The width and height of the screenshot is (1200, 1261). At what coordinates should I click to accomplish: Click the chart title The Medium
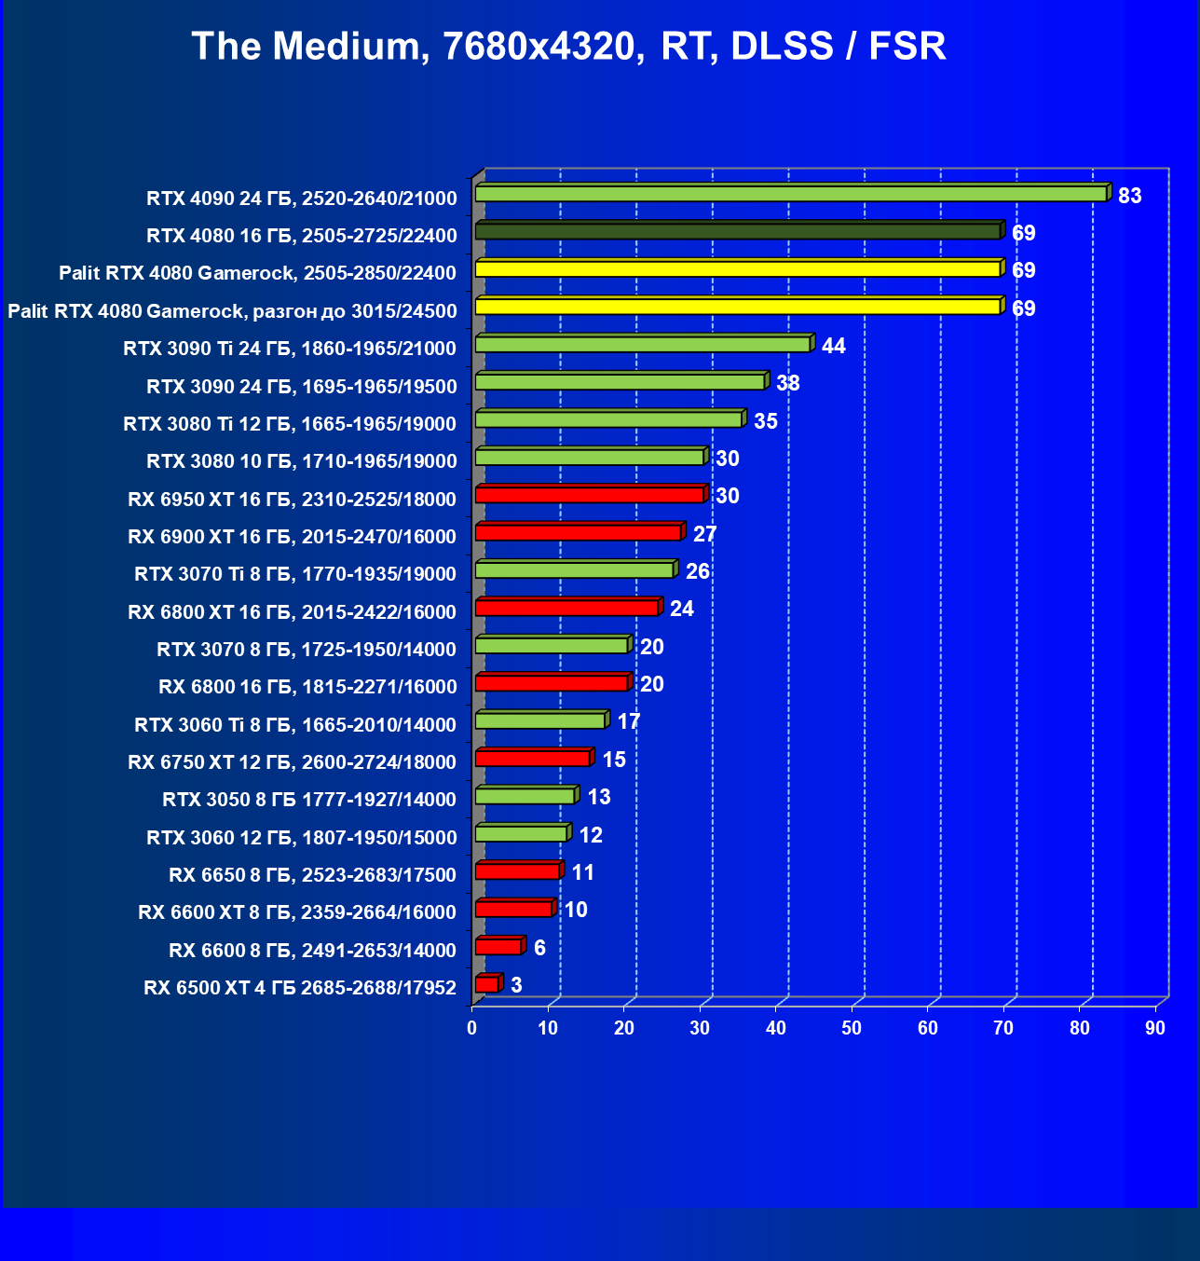coord(568,46)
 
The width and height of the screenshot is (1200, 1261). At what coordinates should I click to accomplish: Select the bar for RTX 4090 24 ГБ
coord(790,194)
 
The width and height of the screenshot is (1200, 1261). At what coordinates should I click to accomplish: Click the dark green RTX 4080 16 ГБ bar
coord(737,231)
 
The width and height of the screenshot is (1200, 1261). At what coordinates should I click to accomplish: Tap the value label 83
coord(1129,196)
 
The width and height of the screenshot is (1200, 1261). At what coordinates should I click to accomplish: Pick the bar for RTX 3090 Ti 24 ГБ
coord(642,345)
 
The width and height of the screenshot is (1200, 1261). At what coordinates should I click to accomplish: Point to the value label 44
coord(833,346)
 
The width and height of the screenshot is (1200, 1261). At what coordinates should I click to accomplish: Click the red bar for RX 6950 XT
coord(589,495)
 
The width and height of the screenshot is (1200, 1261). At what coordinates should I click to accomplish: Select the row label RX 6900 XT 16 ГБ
coord(292,537)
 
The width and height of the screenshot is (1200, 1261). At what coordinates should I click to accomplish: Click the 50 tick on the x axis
coord(852,1028)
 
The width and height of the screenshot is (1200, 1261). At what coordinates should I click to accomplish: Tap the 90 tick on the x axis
coord(1155,1028)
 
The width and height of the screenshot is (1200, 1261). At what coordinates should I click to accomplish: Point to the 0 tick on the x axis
coord(472,1028)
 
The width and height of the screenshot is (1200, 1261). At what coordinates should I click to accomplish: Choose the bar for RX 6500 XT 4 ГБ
coord(486,984)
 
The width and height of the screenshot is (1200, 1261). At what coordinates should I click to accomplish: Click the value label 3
coord(516,985)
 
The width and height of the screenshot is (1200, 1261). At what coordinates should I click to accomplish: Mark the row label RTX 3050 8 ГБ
coord(309,800)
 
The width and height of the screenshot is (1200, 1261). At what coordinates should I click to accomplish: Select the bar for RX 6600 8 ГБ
coord(498,947)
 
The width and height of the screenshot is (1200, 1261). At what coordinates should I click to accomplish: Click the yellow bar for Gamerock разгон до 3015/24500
coord(737,307)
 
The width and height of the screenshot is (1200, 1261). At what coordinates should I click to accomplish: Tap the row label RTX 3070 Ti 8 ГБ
coord(295,574)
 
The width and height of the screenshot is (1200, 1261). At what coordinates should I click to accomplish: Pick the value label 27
coord(704,534)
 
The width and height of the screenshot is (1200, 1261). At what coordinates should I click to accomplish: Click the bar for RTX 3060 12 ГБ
coord(521,833)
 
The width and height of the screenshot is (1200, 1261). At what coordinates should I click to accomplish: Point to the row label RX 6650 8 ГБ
coord(312,875)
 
